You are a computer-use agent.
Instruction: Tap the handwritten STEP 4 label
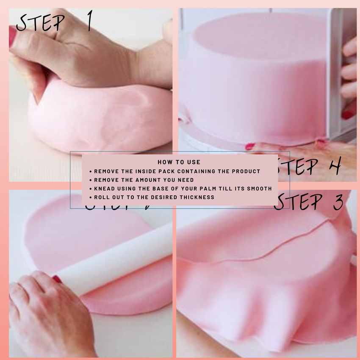click(x=309, y=166)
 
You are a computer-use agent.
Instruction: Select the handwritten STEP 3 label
click(x=309, y=202)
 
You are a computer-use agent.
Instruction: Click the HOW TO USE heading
click(x=179, y=162)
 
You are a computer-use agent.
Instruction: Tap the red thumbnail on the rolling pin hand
click(x=57, y=279)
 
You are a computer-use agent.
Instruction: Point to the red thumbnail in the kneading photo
click(x=12, y=36)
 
